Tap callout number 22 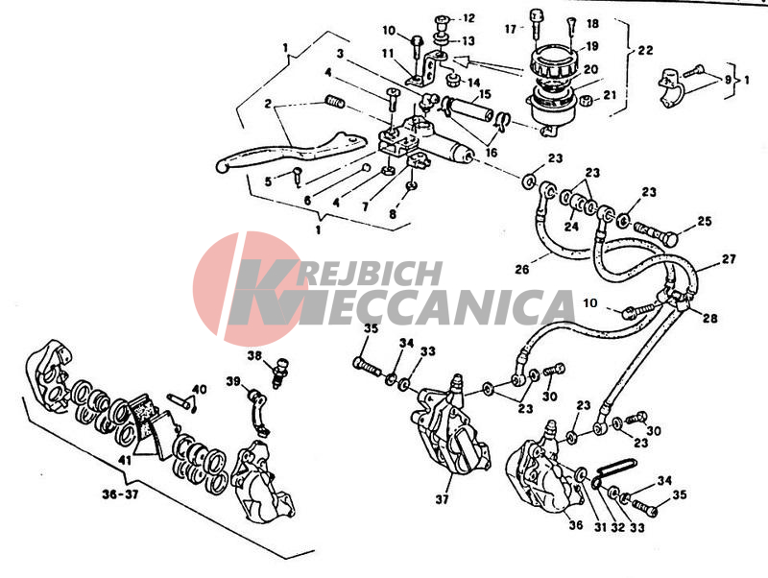pyautogui.click(x=645, y=50)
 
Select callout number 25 pyautogui.click(x=704, y=222)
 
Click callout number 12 pyautogui.click(x=468, y=18)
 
